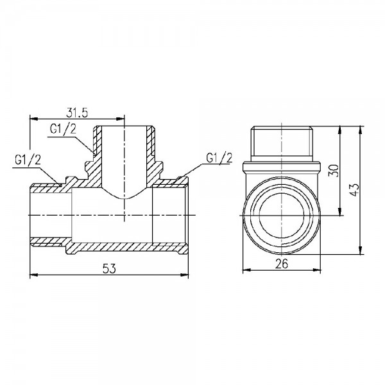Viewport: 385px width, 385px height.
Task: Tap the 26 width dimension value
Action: click(282, 263)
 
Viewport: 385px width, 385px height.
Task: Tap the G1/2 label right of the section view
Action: click(219, 158)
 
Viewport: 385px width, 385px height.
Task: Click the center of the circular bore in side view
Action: click(282, 214)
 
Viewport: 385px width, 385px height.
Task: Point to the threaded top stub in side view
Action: click(282, 142)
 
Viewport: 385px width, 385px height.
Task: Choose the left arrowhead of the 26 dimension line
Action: click(246, 269)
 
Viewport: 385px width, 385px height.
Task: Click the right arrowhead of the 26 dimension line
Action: click(318, 269)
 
